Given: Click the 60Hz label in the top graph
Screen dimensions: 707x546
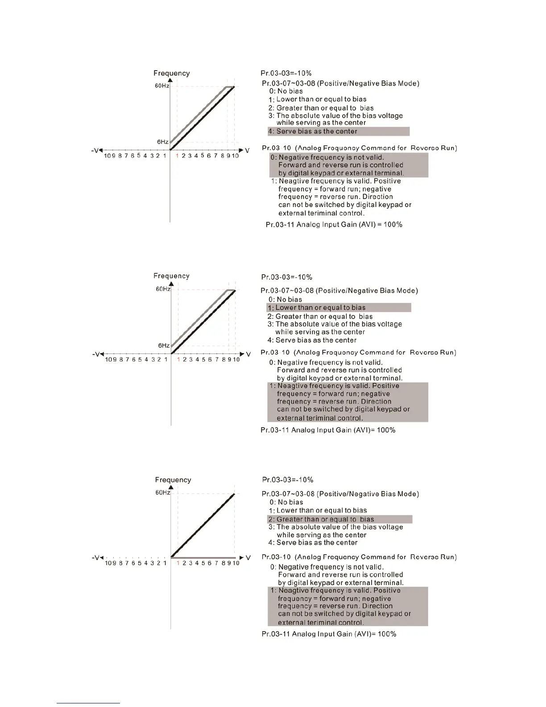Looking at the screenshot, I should [161, 86].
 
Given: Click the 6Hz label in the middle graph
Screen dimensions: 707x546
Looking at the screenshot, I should [164, 345].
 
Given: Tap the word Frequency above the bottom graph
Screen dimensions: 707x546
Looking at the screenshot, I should [173, 480].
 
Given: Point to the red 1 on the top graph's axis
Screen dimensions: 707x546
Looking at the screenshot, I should [177, 156].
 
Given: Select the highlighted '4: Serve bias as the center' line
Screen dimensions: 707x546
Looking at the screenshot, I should [338, 131].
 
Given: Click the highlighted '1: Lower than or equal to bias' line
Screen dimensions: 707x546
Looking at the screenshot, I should [339, 308].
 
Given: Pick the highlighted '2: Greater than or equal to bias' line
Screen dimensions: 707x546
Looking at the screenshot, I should [339, 519].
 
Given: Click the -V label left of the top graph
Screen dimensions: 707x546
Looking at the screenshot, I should [95, 150].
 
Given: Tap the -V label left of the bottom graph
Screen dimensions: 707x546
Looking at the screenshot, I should [97, 558].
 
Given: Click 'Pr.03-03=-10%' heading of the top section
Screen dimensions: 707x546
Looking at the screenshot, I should [286, 73].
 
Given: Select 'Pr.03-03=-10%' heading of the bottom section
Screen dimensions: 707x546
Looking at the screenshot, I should [288, 480].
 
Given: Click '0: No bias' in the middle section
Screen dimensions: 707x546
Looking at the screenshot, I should [285, 299].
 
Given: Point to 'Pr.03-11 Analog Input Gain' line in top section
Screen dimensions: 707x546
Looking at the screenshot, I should [334, 225].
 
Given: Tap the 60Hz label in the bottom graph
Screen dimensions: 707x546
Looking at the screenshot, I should [162, 493].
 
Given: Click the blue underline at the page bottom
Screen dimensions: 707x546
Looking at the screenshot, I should [88, 703].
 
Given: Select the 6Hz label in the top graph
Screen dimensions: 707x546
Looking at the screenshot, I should [162, 142].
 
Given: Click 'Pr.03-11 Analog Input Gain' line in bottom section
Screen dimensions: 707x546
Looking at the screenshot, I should [329, 634].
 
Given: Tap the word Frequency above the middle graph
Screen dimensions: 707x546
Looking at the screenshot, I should [171, 276].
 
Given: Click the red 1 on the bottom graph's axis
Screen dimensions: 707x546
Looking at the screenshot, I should [178, 563].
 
